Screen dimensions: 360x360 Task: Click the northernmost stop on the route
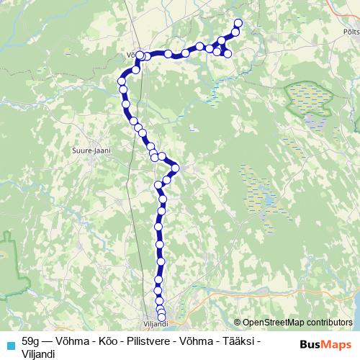238,23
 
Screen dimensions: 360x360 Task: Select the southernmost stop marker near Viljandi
162,318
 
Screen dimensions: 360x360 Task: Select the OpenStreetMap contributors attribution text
296,323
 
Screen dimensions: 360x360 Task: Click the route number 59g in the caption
32,339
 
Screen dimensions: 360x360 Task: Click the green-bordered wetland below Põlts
310,101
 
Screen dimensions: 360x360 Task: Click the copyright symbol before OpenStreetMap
237,323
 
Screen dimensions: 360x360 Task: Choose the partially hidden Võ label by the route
131,53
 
